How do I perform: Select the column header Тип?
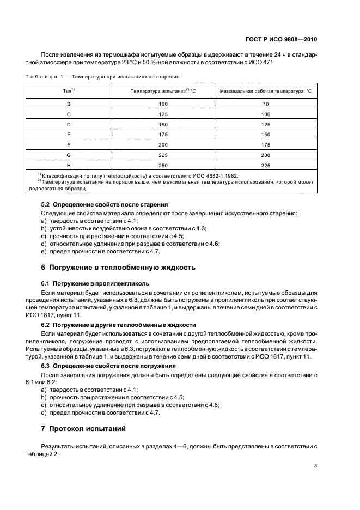69,89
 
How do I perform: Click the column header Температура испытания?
162,90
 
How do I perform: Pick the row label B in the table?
69,103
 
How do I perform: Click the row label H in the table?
69,165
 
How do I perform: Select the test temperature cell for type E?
162,134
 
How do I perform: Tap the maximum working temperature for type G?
265,155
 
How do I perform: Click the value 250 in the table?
162,165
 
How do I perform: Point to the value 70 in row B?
265,103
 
